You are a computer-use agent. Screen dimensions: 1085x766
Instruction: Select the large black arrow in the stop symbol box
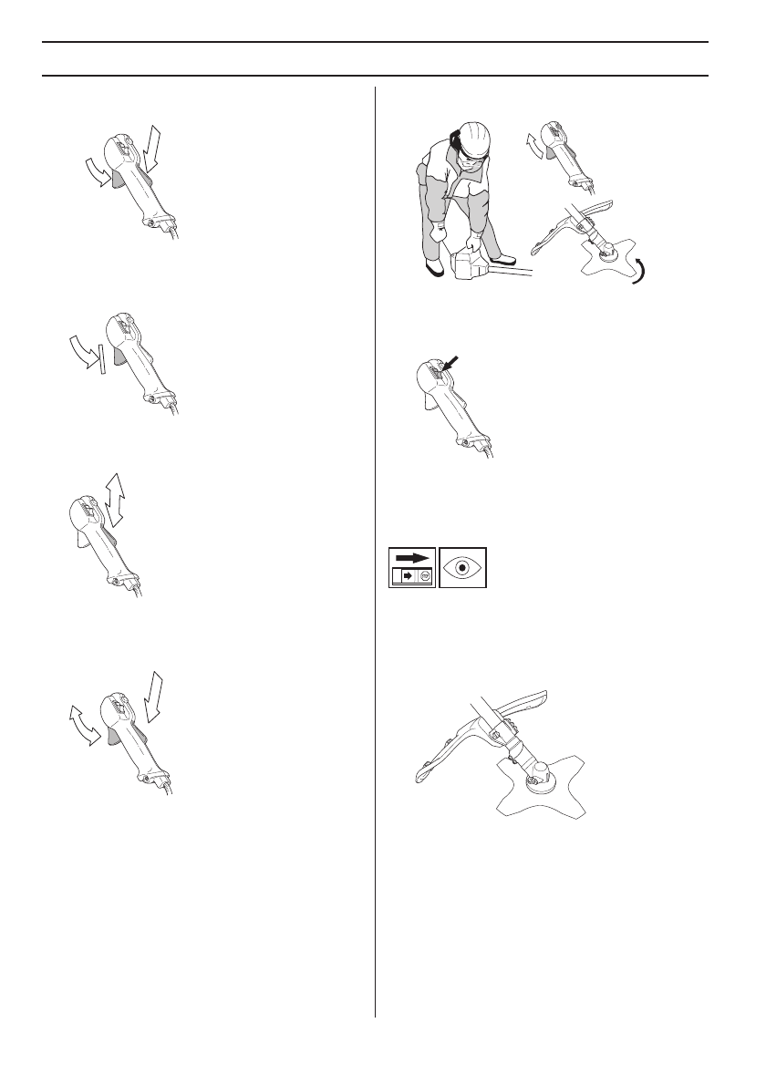coord(412,557)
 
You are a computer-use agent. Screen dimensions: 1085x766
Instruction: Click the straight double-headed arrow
coord(115,500)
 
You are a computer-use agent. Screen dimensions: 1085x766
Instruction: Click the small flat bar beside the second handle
coord(105,358)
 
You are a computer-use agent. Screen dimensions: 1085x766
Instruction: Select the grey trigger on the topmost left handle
coord(116,181)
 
